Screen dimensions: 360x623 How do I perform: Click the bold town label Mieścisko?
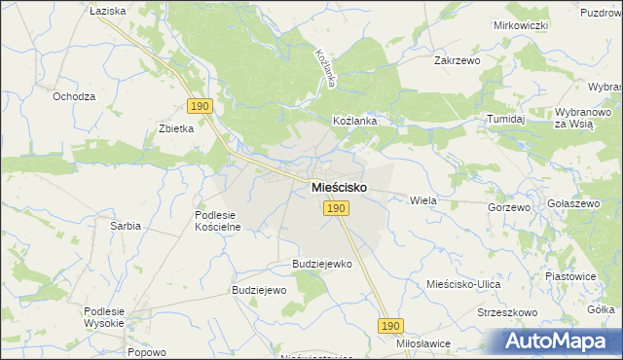click(x=339, y=185)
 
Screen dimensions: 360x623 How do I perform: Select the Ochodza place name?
click(x=74, y=97)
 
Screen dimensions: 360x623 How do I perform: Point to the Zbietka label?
click(x=177, y=128)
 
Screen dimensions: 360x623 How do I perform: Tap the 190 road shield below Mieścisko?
click(x=336, y=208)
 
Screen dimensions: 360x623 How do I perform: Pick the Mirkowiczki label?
click(x=522, y=24)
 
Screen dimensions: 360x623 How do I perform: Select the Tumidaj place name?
click(x=506, y=119)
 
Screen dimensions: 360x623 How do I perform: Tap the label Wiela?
click(x=423, y=199)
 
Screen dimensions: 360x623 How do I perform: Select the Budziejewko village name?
click(x=321, y=264)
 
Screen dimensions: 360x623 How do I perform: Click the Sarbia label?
click(x=126, y=226)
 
